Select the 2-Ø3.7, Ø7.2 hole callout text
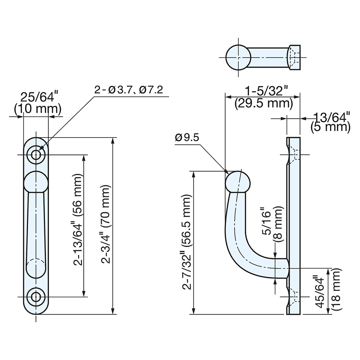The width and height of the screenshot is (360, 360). (129, 90)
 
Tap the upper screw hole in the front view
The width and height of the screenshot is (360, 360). (36, 155)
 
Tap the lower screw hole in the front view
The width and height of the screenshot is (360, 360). (36, 297)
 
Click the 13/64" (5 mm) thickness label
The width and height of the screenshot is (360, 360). (330, 122)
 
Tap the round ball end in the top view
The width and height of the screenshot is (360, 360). (238, 58)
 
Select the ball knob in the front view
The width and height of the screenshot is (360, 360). (36, 182)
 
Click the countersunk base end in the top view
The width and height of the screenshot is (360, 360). (294, 58)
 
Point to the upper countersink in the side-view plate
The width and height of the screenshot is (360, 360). (293, 155)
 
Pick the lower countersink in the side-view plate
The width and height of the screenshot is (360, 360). (293, 297)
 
